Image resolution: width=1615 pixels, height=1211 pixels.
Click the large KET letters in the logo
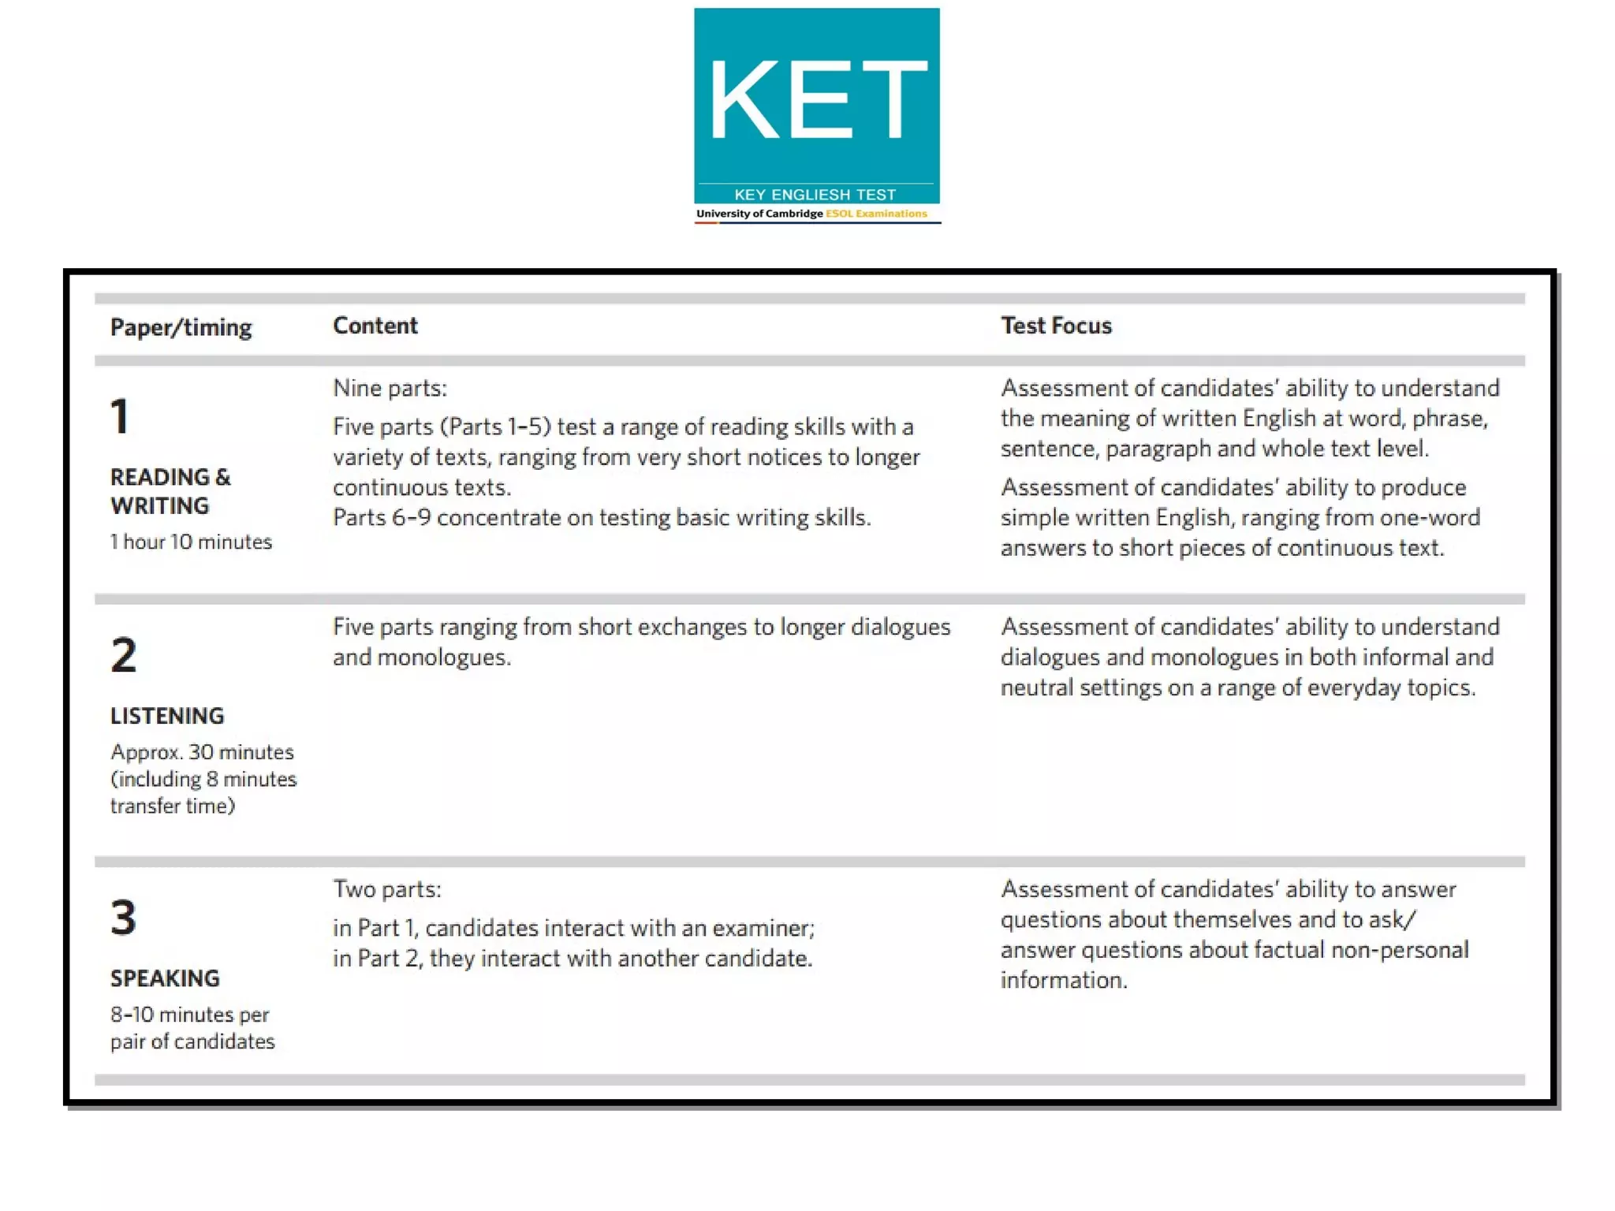[818, 100]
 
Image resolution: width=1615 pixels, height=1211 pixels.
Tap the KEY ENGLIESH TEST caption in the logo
[815, 195]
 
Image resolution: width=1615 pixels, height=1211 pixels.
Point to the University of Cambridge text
[759, 214]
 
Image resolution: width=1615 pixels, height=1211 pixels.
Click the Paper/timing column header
[181, 327]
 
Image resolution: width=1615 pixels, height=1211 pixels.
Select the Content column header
[375, 326]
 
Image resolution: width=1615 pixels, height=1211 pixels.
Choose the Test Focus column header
[1056, 326]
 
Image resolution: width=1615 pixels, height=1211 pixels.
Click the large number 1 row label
[120, 416]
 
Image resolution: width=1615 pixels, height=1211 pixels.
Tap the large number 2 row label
[124, 655]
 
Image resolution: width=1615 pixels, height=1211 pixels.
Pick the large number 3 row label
[124, 918]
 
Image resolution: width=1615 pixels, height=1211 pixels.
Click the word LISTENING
[167, 716]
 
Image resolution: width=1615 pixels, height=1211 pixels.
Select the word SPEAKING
[165, 978]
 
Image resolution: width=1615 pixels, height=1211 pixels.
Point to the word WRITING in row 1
[159, 506]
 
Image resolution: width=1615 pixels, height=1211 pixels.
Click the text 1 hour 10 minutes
[191, 542]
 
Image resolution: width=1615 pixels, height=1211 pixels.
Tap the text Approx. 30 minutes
[202, 752]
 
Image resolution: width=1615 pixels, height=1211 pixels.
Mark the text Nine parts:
[390, 388]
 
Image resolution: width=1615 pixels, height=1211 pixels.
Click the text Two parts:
[387, 889]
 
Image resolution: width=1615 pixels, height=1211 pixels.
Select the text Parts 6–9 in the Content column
[382, 518]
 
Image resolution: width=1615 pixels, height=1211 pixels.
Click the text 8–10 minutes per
[189, 1015]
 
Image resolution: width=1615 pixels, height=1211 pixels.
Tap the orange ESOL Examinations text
[876, 214]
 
